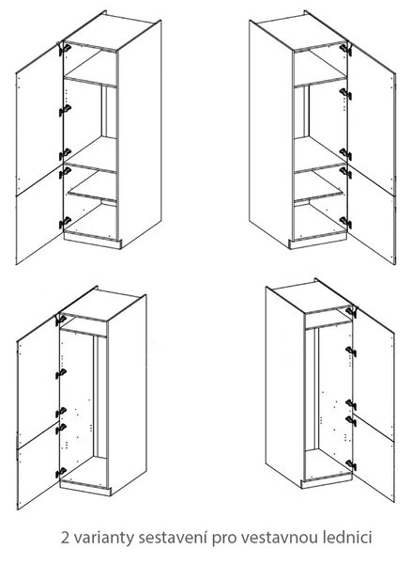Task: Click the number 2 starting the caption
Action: (x=65, y=538)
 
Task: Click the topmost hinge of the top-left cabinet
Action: (x=65, y=48)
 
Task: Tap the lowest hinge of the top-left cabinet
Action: (x=65, y=222)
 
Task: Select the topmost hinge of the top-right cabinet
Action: (x=345, y=49)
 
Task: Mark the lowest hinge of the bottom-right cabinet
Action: (x=351, y=464)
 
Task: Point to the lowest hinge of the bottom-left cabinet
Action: (x=61, y=472)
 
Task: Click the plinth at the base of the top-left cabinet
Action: (x=92, y=240)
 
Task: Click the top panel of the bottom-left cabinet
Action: (x=101, y=305)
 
